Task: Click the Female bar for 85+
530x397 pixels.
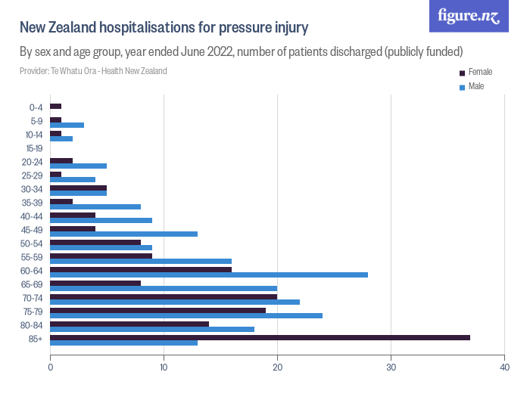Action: click(260, 337)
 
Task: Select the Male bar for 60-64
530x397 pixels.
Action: click(209, 274)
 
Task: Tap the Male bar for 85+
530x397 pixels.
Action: click(123, 343)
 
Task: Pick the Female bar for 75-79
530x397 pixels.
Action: click(157, 310)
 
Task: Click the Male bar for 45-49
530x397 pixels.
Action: click(123, 234)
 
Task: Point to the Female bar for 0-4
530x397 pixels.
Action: click(55, 106)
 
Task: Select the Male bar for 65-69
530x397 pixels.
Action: click(164, 288)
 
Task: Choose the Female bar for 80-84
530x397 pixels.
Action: click(129, 324)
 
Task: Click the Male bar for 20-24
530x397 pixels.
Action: click(78, 166)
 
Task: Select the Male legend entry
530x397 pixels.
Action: click(475, 86)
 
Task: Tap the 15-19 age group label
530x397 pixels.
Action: click(34, 149)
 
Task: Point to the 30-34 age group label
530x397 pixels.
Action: click(33, 190)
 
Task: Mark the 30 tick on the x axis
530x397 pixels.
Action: click(391, 367)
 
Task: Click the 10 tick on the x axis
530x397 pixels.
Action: click(164, 367)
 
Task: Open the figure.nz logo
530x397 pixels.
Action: click(469, 16)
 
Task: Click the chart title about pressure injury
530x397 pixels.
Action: click(164, 28)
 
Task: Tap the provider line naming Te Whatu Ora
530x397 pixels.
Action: click(93, 71)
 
